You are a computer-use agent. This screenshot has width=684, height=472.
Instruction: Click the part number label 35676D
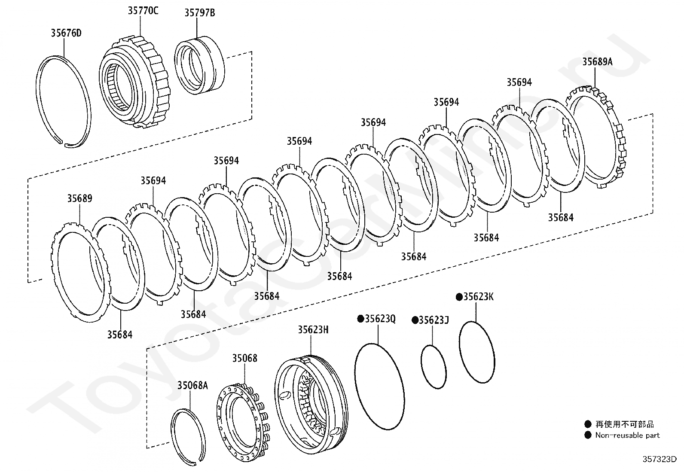pos(66,33)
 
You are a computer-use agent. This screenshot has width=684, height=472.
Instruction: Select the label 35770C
pos(143,11)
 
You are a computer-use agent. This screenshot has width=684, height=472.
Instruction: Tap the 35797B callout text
pos(200,13)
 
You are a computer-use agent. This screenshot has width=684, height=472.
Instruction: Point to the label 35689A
pos(597,62)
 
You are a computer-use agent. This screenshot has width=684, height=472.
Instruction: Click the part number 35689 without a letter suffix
pos(79,199)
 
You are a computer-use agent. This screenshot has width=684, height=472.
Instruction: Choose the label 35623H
pos(313,329)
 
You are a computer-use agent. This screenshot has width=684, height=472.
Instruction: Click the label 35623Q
pos(380,319)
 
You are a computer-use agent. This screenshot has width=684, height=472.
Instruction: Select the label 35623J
pos(434,320)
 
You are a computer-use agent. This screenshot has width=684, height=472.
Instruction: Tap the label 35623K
pos(478,297)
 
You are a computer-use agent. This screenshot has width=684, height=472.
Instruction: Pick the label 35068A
pos(192,385)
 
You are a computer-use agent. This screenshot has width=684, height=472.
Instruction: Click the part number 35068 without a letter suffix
pos(245,358)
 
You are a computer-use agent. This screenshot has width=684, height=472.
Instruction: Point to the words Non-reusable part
pos(627,435)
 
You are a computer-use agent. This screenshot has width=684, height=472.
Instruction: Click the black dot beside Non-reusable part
pos(588,435)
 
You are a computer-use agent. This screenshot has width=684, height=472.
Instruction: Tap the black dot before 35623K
pos(459,297)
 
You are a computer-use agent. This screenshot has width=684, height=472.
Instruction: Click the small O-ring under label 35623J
pos(433,366)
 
